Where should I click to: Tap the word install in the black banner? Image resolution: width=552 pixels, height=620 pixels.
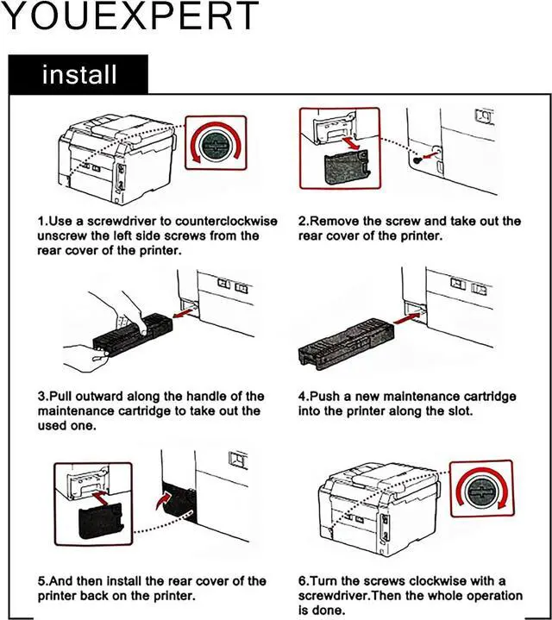(x=79, y=74)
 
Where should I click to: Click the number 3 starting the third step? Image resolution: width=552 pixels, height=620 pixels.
(x=41, y=397)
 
